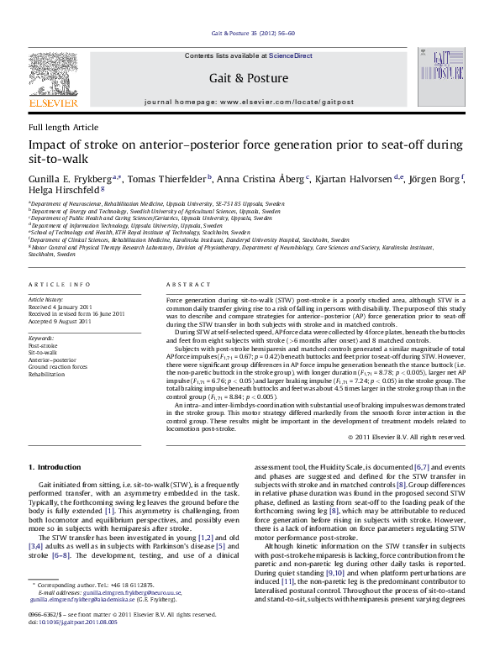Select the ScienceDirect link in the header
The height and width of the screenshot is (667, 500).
click(x=290, y=55)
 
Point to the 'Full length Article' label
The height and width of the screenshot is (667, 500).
click(x=63, y=127)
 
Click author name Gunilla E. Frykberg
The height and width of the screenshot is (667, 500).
click(x=72, y=178)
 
